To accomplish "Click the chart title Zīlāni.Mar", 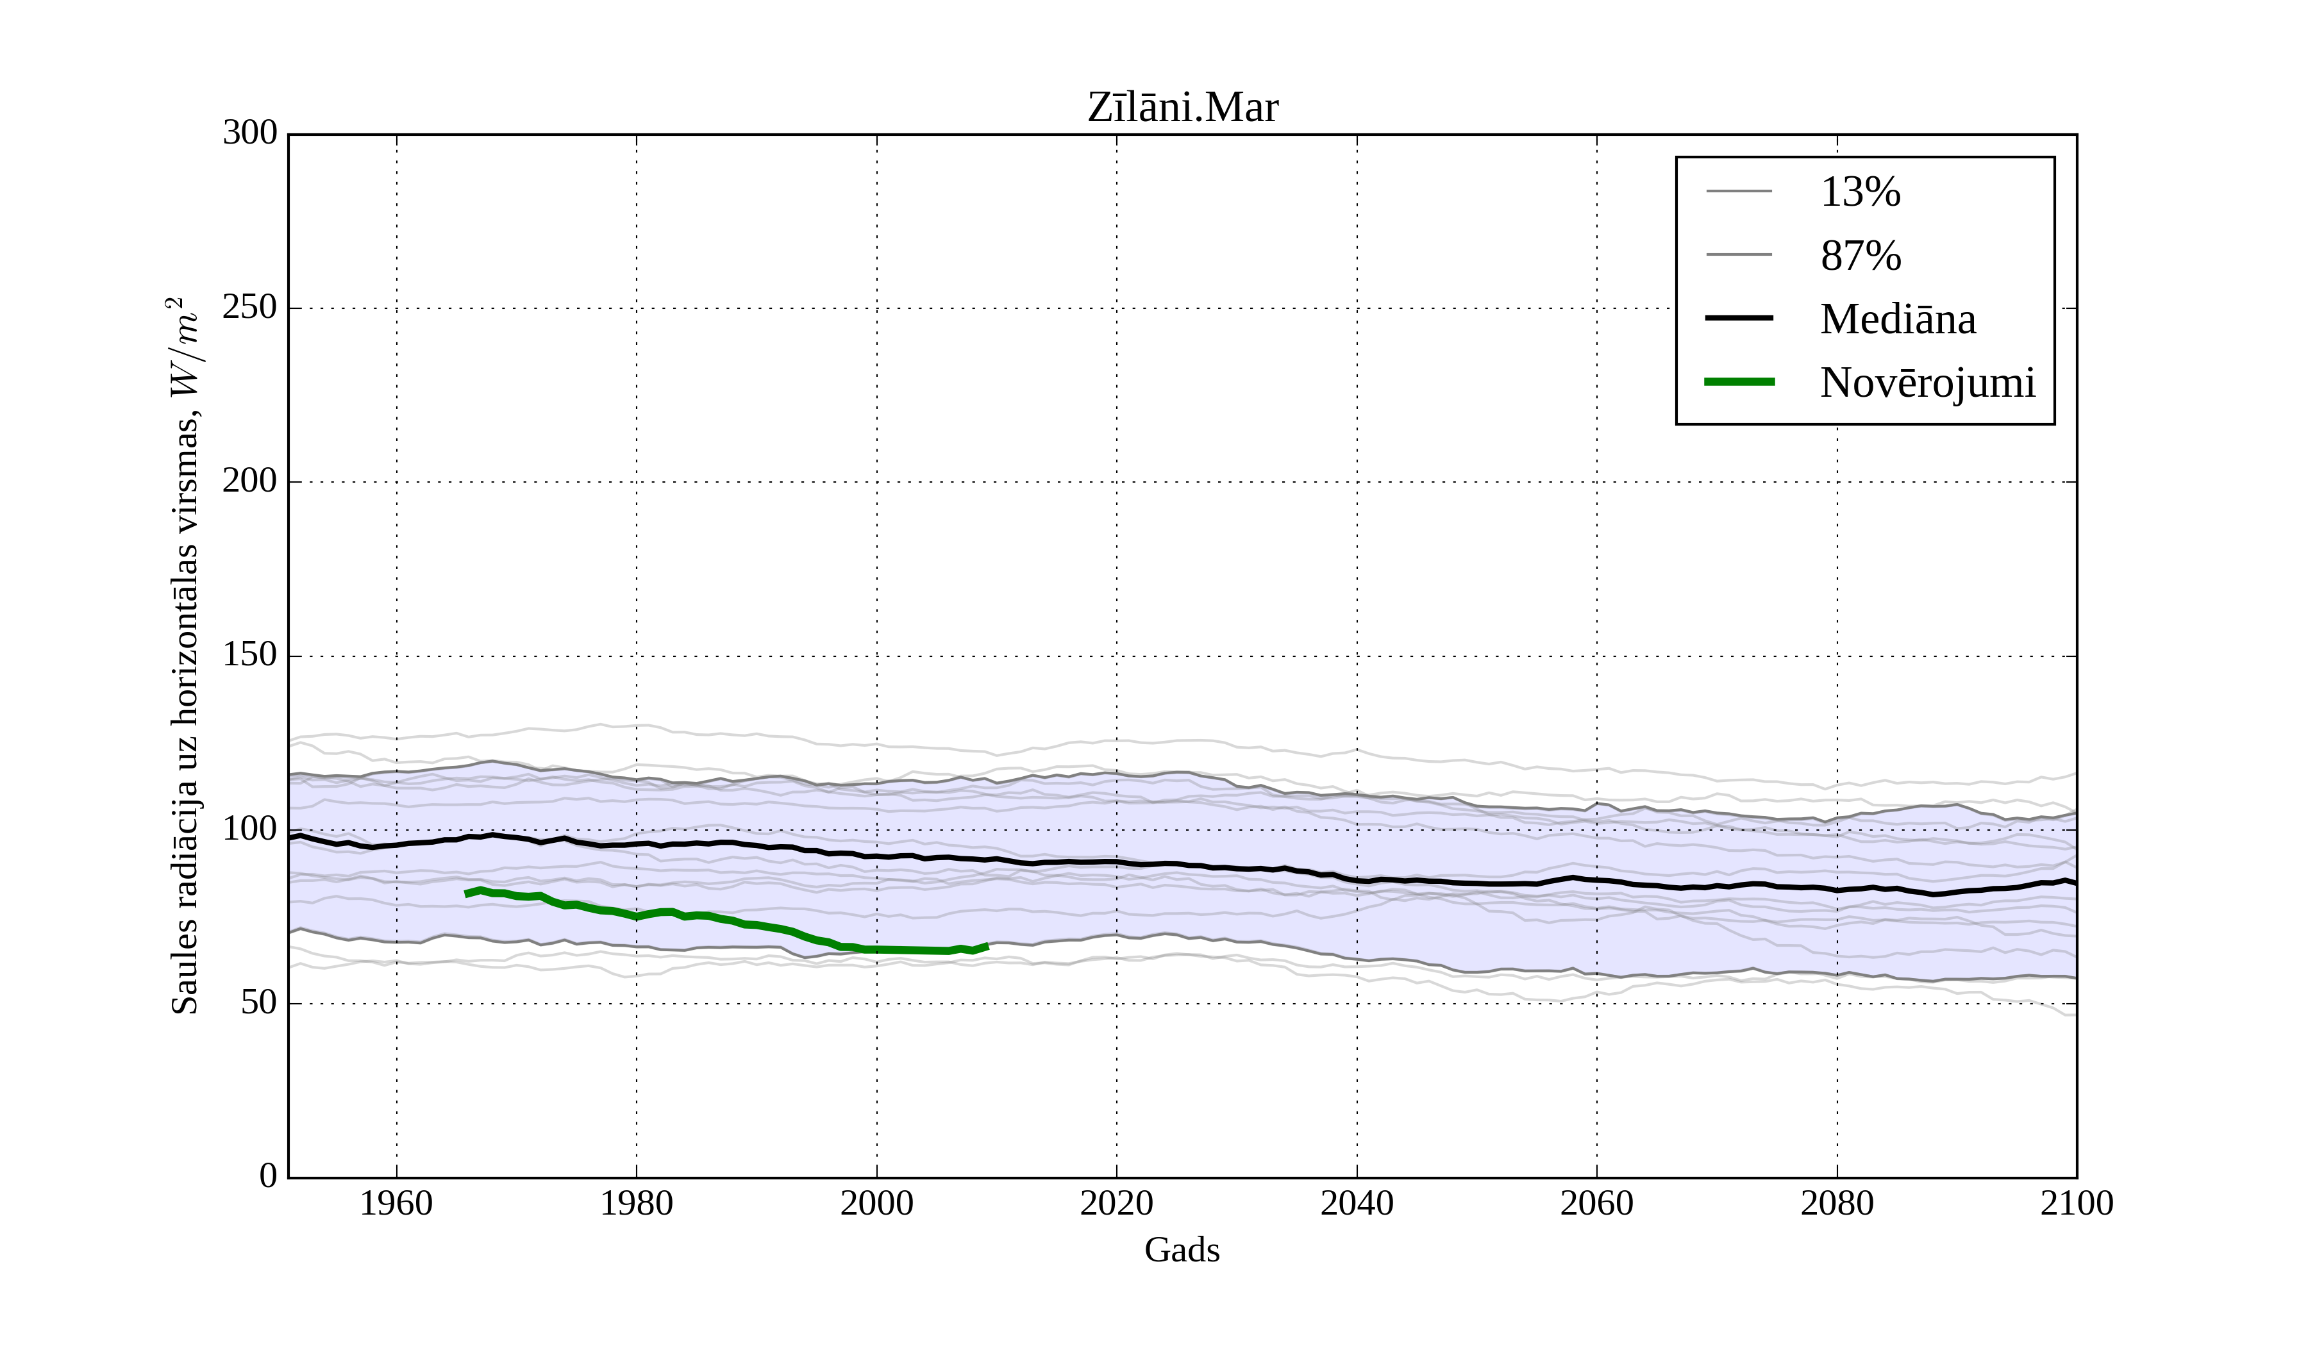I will tap(1182, 108).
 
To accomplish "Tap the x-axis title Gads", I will tap(1182, 1250).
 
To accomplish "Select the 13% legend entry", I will tap(1859, 192).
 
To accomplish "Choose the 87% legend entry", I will tap(1859, 256).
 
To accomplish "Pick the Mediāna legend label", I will tap(1897, 319).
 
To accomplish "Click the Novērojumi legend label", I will tap(1927, 383).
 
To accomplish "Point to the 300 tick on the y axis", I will tap(249, 134).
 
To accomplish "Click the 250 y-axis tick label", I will tap(249, 308).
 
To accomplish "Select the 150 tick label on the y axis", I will tap(249, 656).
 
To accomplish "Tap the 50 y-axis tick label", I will tap(258, 1004).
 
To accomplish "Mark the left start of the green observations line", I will tap(467, 893).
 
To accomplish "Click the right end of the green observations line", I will tap(987, 946).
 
